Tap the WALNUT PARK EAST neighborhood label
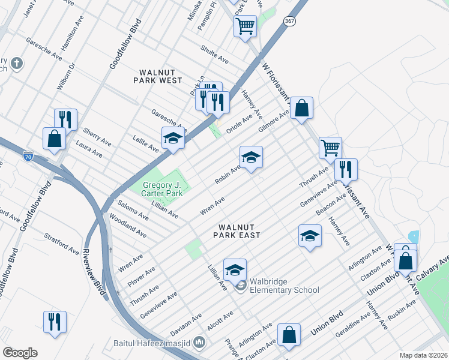point(239,231)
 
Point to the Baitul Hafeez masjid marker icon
point(200,343)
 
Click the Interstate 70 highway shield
point(28,156)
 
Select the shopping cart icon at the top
point(245,26)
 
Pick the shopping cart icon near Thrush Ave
point(330,147)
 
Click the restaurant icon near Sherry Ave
point(65,119)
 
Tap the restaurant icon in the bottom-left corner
point(55,321)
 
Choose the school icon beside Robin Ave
point(251,157)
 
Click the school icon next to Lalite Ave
point(172,138)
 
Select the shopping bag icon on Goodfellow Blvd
point(55,138)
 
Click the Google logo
point(20,353)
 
